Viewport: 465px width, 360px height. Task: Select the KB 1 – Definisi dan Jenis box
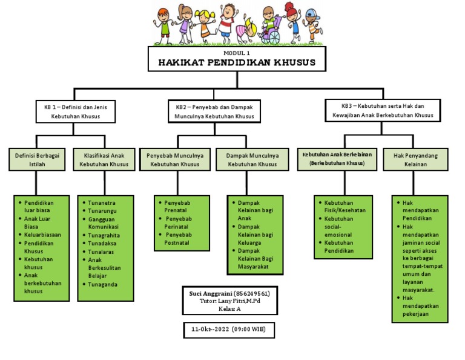click(x=75, y=110)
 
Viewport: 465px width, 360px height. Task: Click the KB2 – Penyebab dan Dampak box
click(x=214, y=111)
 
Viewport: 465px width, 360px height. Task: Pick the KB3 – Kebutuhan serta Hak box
click(x=383, y=110)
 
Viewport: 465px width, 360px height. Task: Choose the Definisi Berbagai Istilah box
click(x=37, y=159)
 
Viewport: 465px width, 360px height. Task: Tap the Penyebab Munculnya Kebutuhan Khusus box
click(x=175, y=159)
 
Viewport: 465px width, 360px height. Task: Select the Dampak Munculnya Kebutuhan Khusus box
click(x=252, y=159)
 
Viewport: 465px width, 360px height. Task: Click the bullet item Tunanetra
click(x=102, y=202)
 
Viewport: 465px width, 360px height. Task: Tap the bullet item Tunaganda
click(x=102, y=284)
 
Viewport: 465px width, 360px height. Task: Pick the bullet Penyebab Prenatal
click(x=177, y=206)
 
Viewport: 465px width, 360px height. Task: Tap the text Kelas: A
click(x=229, y=308)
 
